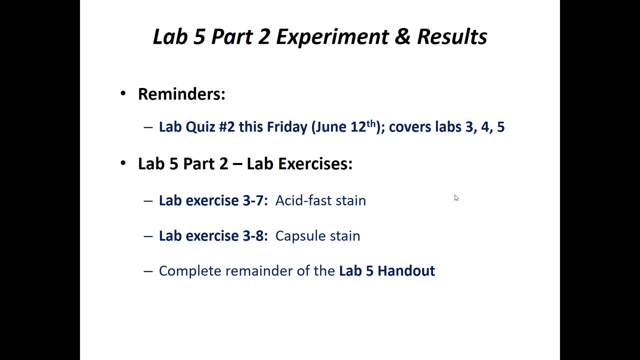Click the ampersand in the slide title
[x=402, y=36]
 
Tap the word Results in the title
[x=452, y=36]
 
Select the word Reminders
[x=182, y=94]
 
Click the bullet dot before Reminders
[x=123, y=93]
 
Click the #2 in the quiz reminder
[x=227, y=127]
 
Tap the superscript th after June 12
[x=371, y=123]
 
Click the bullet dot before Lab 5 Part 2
[x=123, y=163]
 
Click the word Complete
[x=190, y=271]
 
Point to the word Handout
[x=406, y=271]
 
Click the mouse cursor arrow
[x=456, y=198]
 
